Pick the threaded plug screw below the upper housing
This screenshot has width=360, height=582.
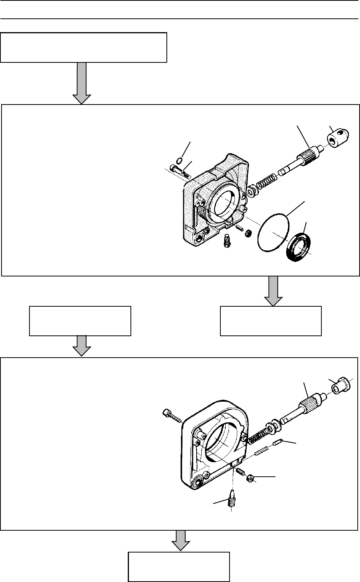227,241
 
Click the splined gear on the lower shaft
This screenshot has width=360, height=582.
308,404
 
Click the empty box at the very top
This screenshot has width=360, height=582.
84,47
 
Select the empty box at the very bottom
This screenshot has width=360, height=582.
178,566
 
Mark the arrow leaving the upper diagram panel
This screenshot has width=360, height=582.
273,291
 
